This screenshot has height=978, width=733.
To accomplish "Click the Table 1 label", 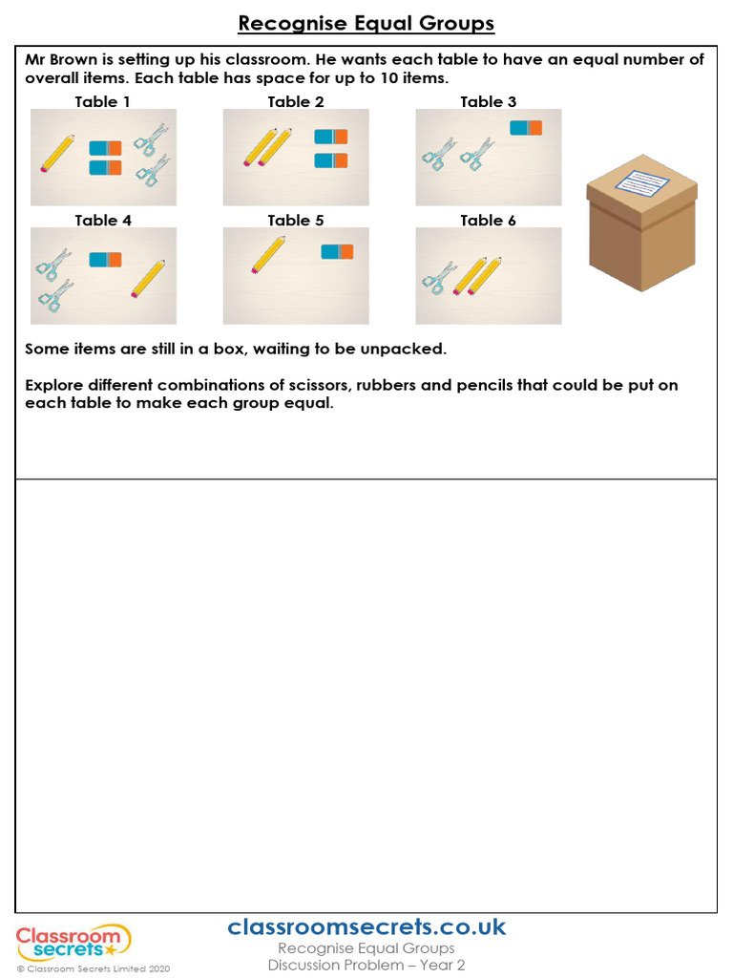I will tap(103, 101).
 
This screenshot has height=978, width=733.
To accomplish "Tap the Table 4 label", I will tap(103, 221).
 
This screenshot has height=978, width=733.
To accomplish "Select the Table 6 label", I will tap(488, 221).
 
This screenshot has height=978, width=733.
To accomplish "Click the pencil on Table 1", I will tap(58, 153).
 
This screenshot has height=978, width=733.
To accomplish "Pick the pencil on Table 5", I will tap(268, 255).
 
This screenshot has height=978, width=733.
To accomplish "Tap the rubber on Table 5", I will tap(337, 251).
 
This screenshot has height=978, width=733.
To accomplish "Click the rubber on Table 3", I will tap(526, 128).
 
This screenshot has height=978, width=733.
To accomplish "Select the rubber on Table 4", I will tap(105, 260).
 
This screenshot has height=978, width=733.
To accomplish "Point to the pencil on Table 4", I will tap(148, 278).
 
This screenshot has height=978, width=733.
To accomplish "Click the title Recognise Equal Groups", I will tap(366, 23).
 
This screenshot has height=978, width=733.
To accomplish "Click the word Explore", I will tap(55, 385).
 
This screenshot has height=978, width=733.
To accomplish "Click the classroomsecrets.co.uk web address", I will tap(366, 926).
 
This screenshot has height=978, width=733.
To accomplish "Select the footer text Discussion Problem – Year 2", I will tap(366, 966).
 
